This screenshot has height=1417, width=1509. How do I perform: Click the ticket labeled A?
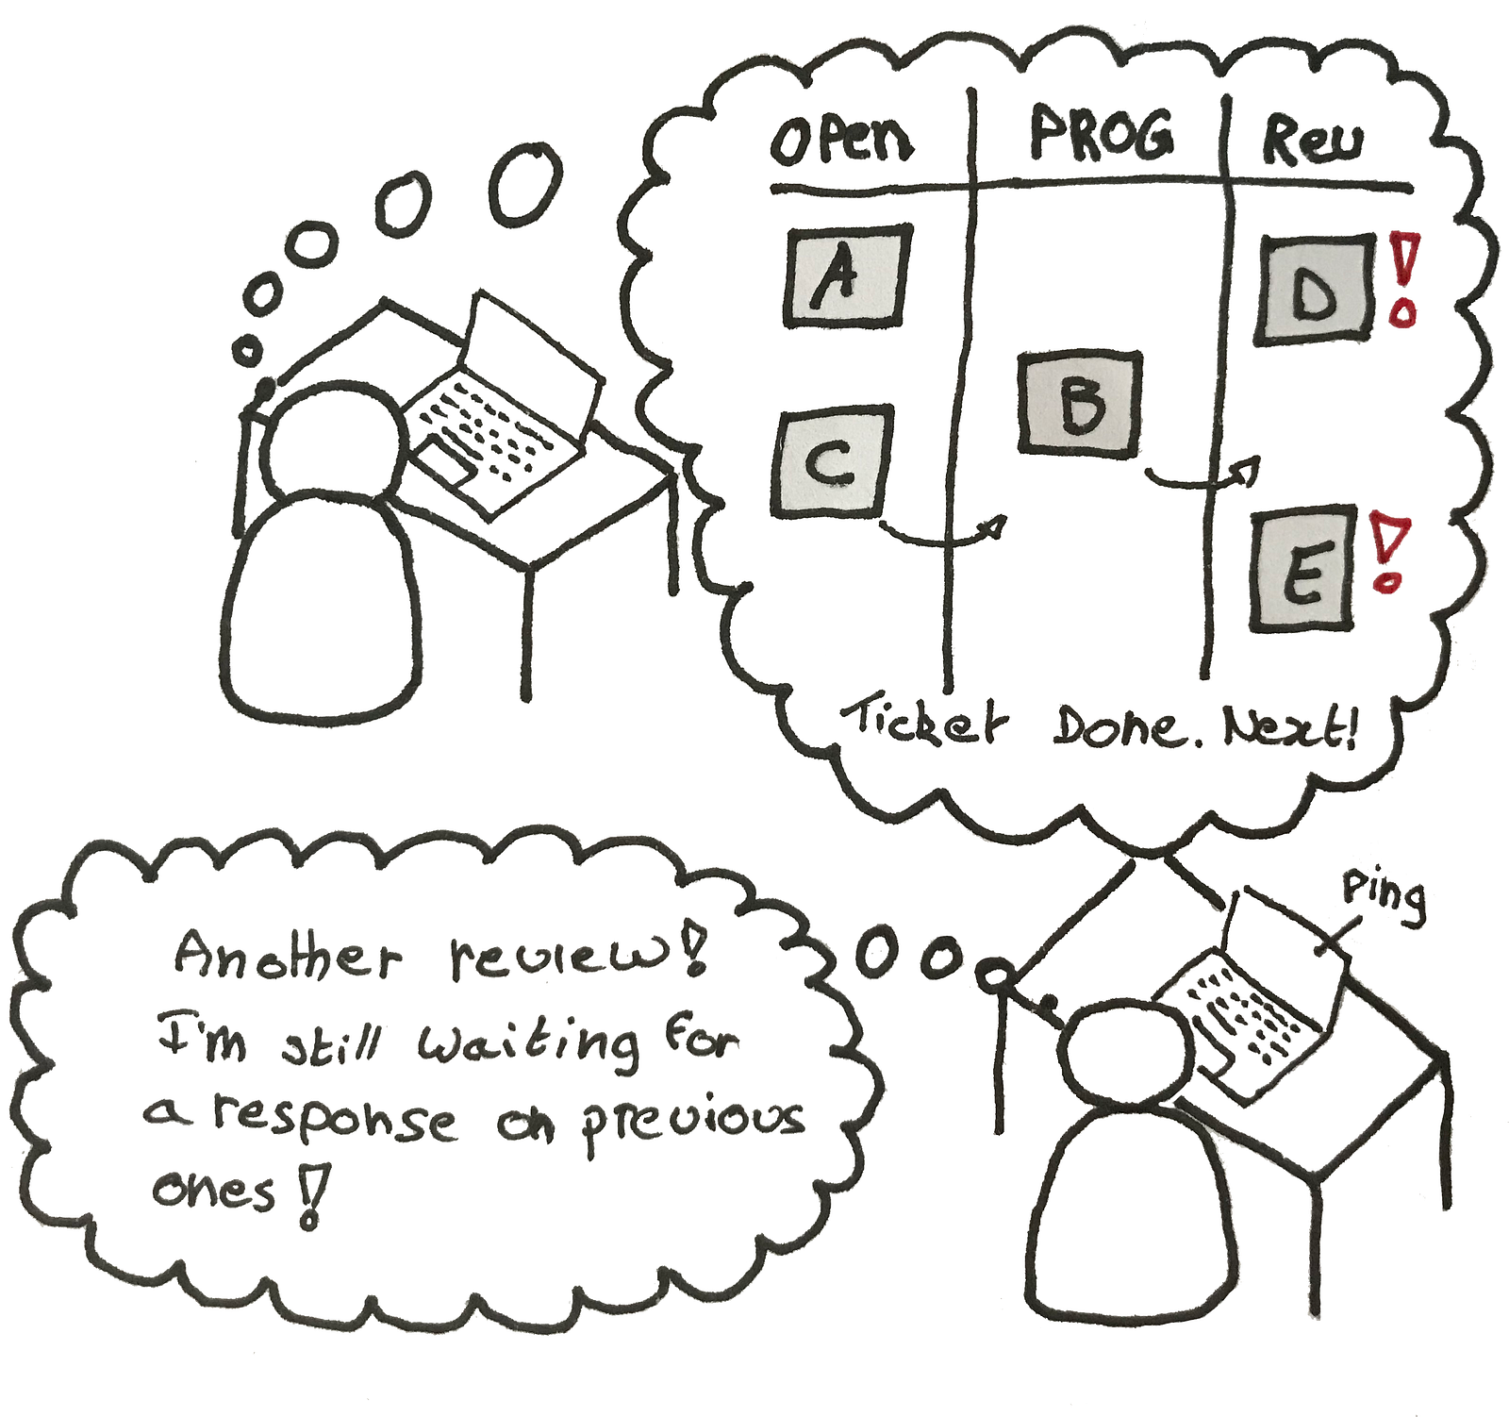tap(847, 276)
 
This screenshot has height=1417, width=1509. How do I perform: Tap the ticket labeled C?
tap(831, 462)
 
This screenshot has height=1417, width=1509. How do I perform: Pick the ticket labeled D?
tap(1313, 291)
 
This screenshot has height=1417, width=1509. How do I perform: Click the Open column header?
tap(841, 142)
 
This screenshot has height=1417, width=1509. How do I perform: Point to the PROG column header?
tap(1101, 135)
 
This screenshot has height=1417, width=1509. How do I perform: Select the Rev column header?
tap(1312, 142)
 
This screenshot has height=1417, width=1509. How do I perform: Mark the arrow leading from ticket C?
tap(943, 536)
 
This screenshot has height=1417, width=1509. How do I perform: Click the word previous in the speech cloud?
tap(693, 1123)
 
